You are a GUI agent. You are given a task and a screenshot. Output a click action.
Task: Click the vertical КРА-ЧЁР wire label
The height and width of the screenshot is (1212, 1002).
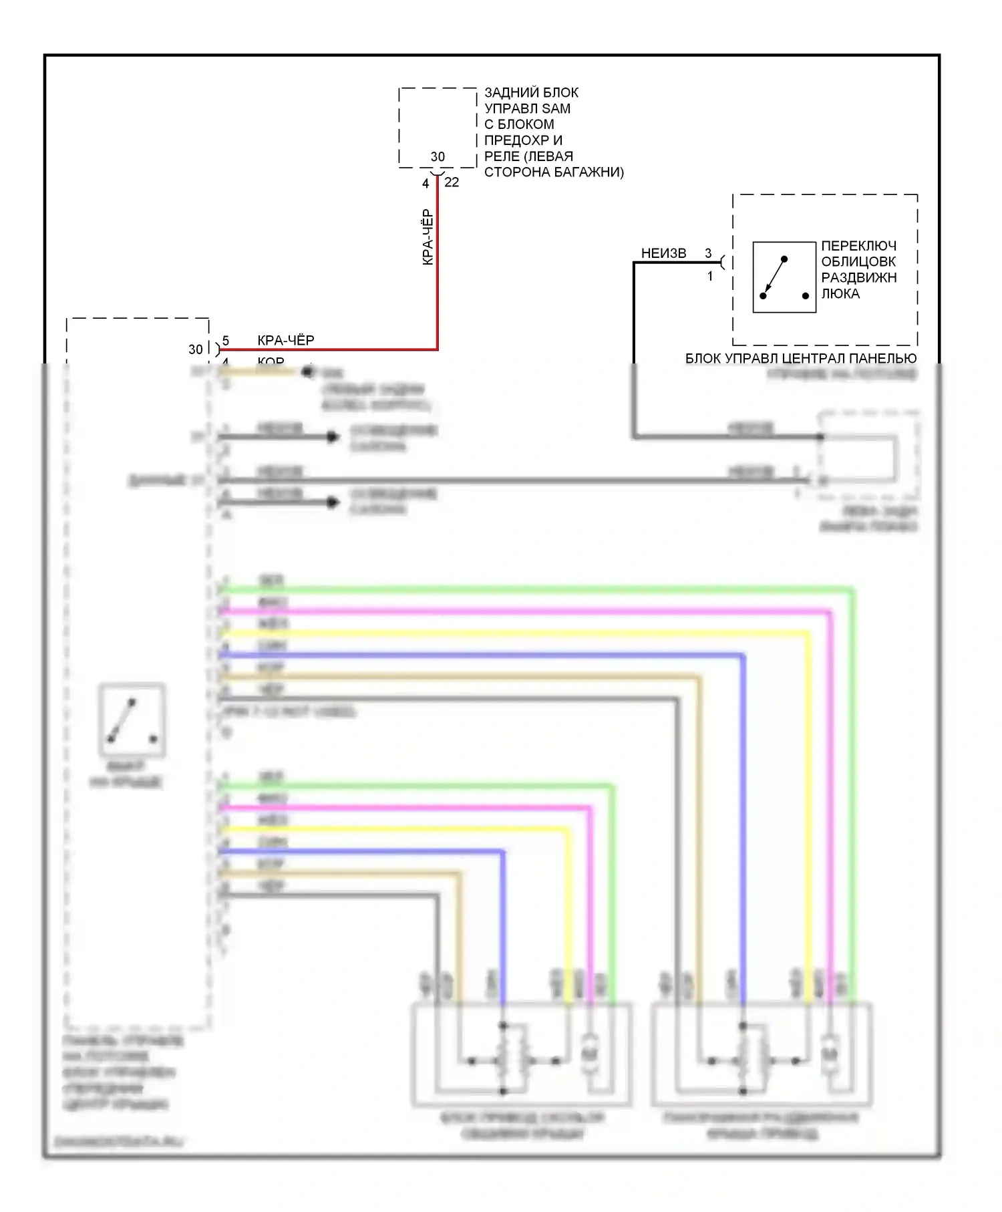pyautogui.click(x=428, y=238)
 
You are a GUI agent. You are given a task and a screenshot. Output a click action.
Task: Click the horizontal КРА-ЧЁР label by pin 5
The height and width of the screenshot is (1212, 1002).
pyautogui.click(x=285, y=340)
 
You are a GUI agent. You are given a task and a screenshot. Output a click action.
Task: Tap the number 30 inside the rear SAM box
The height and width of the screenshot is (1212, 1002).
pyautogui.click(x=438, y=156)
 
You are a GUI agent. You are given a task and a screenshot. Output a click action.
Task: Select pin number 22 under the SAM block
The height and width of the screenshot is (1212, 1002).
pyautogui.click(x=452, y=182)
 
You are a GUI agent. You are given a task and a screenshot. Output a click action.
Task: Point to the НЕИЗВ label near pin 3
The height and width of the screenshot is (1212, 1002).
pyautogui.click(x=663, y=253)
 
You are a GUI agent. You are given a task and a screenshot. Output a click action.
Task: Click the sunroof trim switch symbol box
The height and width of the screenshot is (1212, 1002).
pyautogui.click(x=784, y=277)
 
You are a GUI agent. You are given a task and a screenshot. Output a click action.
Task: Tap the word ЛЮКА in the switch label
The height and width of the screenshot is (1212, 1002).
pyautogui.click(x=840, y=293)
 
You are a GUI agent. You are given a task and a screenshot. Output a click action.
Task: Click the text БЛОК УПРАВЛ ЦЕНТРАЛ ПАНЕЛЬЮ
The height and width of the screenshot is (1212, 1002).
pyautogui.click(x=800, y=358)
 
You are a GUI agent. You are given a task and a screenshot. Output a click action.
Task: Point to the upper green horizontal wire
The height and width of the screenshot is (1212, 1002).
pyautogui.click(x=534, y=589)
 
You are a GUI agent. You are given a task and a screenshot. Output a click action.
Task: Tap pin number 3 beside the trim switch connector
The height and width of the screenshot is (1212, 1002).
pyautogui.click(x=708, y=253)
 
